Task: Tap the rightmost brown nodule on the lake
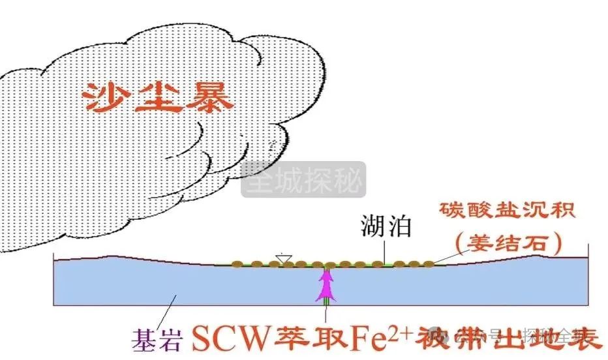point(428,263)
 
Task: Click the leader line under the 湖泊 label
point(384,250)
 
